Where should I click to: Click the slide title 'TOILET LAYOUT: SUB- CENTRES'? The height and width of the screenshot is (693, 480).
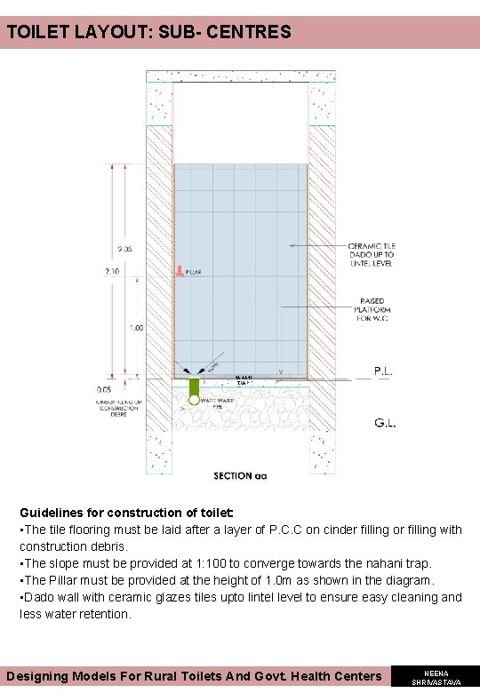point(148,33)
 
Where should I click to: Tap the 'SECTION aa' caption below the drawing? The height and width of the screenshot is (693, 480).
point(240,476)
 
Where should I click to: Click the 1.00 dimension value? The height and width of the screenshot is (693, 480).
point(137,328)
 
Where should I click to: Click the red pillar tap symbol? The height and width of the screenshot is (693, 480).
point(179,271)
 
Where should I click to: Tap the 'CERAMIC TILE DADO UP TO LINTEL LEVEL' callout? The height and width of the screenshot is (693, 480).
point(372,255)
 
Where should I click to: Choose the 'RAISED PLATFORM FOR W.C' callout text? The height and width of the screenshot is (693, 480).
point(372,309)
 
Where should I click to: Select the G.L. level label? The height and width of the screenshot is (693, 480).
point(384,424)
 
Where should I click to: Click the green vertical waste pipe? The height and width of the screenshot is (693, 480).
point(195,388)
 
